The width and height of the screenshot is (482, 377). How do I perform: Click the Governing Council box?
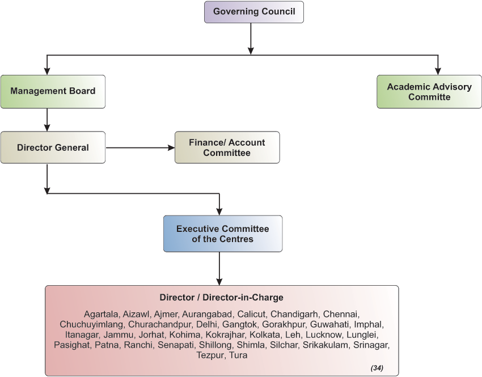point(253,12)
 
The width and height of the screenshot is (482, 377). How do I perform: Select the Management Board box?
point(53,91)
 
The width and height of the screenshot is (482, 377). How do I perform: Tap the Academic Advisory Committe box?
point(429,91)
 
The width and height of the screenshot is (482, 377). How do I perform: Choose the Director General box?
point(53,147)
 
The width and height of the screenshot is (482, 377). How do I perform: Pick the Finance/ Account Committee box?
point(227,147)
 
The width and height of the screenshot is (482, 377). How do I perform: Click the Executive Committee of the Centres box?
point(222,234)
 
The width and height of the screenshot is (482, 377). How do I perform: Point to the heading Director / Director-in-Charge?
point(221,298)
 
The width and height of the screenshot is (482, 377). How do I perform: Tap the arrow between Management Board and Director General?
point(47,120)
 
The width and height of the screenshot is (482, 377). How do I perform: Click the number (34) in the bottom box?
point(377,368)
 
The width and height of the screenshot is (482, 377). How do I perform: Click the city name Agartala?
point(101,314)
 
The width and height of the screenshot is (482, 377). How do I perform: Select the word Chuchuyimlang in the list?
point(92,324)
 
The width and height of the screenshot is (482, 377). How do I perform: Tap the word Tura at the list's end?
point(238,355)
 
